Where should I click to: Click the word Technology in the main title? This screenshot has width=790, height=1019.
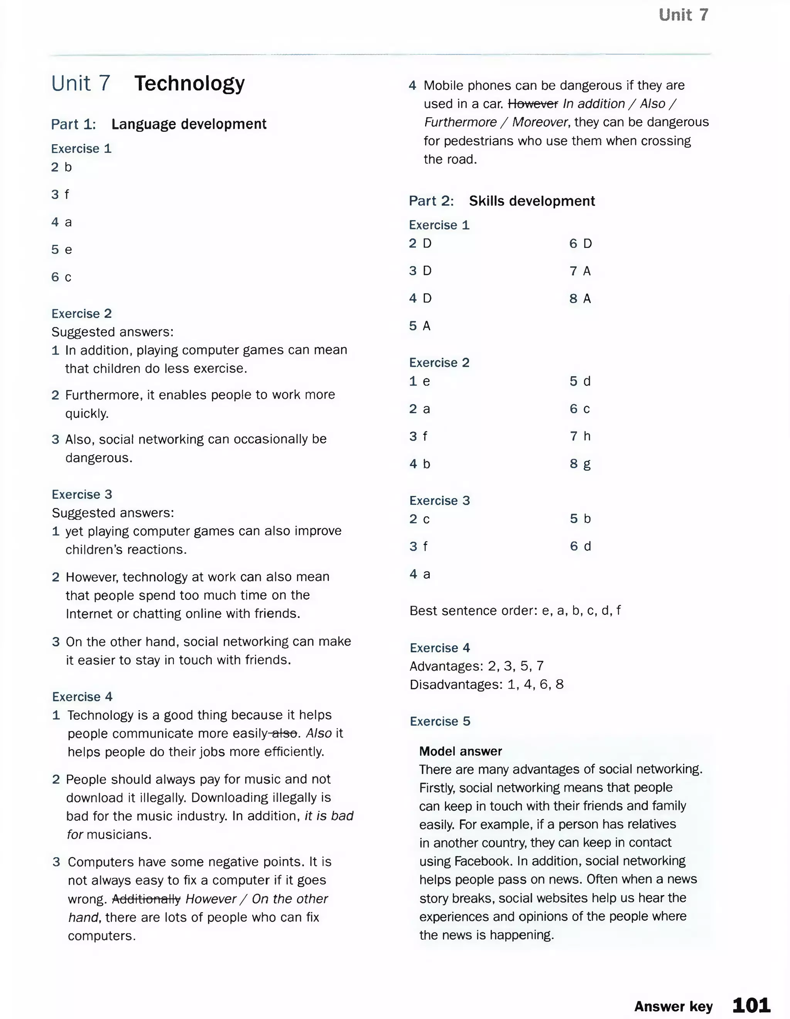pyautogui.click(x=189, y=84)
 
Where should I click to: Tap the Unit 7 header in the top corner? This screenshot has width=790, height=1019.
pyautogui.click(x=683, y=15)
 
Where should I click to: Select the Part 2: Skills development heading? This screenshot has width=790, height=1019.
pyautogui.click(x=501, y=201)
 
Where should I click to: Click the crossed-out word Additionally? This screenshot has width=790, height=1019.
pyautogui.click(x=146, y=899)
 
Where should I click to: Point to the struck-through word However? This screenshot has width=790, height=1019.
pyautogui.click(x=533, y=104)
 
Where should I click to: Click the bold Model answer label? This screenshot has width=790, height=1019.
pyautogui.click(x=460, y=751)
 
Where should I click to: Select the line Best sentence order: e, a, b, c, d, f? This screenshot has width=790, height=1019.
pyautogui.click(x=515, y=611)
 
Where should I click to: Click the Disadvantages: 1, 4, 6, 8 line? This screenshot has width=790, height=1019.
pyautogui.click(x=486, y=684)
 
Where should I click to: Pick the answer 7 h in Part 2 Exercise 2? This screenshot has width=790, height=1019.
pyautogui.click(x=580, y=436)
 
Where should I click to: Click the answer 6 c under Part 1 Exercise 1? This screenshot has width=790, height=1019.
pyautogui.click(x=61, y=277)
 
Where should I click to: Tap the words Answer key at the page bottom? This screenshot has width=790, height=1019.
pyautogui.click(x=673, y=1006)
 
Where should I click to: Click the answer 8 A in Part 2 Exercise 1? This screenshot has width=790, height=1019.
pyautogui.click(x=580, y=299)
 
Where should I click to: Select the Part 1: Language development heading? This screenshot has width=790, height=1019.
pyautogui.click(x=159, y=124)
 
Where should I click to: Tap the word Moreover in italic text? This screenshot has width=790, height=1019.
pyautogui.click(x=540, y=122)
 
